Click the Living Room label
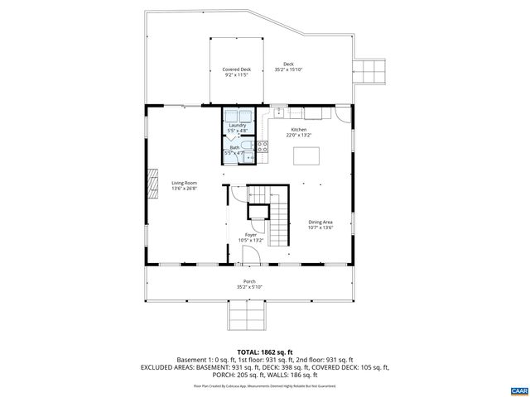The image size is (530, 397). [x=184, y=183]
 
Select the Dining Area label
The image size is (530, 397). [x=320, y=222]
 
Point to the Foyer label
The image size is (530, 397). [x=249, y=235]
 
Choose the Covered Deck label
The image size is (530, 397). [x=236, y=69]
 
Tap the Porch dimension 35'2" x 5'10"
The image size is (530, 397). [x=249, y=287]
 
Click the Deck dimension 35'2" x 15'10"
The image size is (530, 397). [x=288, y=69]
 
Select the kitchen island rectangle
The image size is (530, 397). [x=306, y=155]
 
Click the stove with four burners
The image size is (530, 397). [x=263, y=147]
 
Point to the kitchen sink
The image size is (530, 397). [x=279, y=111]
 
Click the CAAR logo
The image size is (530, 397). [x=518, y=389]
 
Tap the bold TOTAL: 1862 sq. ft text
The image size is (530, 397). [x=265, y=351]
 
